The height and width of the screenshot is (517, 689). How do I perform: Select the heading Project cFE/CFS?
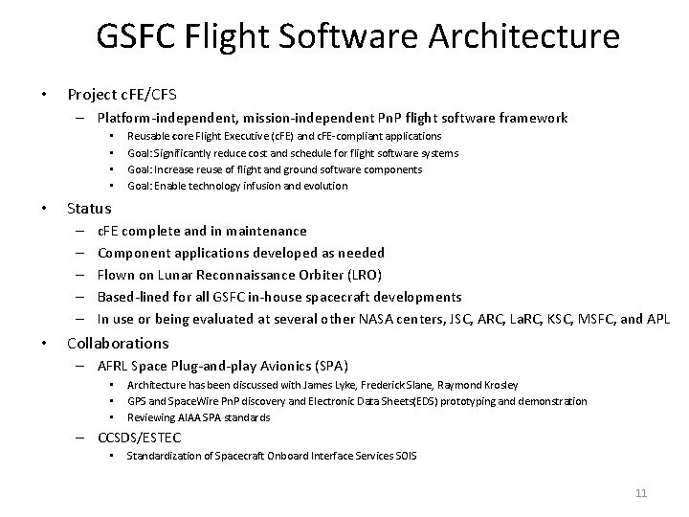[x=121, y=95]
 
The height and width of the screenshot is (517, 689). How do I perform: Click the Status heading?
[x=89, y=208]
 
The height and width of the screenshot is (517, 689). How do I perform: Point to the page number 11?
[x=641, y=492]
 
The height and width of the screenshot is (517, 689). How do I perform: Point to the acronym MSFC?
[x=596, y=319]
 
